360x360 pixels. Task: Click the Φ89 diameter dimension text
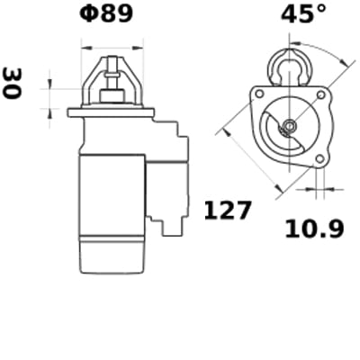tap(106, 14)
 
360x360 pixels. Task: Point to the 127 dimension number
tap(228, 211)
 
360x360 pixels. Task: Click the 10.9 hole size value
tap(314, 229)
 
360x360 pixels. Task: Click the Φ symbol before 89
tap(88, 14)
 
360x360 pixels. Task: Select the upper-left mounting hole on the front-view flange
tap(257, 94)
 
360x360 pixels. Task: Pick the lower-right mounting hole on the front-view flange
tap(320, 157)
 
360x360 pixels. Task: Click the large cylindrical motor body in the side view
tap(112, 193)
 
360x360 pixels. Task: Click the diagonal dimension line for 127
tap(252, 162)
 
